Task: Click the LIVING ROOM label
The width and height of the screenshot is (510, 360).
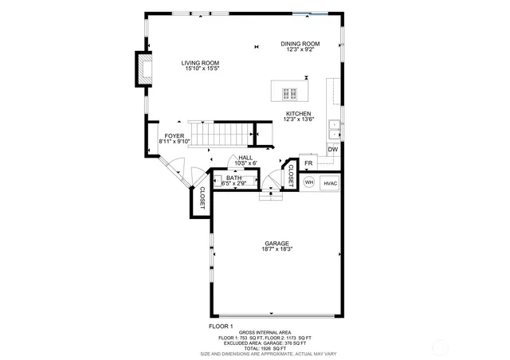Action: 200,64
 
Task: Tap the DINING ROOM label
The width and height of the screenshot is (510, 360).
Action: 300,44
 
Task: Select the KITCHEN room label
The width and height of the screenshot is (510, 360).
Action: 299,114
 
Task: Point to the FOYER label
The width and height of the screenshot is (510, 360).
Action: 175,136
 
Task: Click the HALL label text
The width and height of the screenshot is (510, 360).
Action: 245,158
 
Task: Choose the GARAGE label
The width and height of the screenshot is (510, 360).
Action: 277,244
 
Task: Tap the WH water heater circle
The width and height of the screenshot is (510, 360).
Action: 309,182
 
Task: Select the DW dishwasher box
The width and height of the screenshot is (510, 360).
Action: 333,150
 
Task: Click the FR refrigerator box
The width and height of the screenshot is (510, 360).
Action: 308,163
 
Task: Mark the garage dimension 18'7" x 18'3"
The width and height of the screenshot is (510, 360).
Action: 277,250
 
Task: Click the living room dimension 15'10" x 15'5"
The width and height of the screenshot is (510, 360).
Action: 200,69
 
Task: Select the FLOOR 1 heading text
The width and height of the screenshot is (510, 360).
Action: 221,327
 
